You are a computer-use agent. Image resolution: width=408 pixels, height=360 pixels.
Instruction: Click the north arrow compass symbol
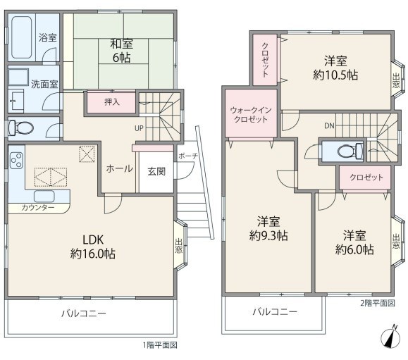(x=390, y=337)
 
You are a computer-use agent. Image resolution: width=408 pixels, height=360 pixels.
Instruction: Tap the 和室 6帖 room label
(x=121, y=51)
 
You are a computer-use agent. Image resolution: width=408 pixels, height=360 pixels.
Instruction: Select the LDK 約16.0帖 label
(x=93, y=247)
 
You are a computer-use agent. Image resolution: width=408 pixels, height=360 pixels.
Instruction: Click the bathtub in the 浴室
(x=21, y=37)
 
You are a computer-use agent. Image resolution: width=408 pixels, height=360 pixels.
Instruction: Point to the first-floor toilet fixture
(x=20, y=128)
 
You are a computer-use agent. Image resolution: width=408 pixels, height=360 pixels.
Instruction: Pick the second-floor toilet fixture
(x=350, y=151)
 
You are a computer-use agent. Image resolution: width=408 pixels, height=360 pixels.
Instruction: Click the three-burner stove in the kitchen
(x=16, y=161)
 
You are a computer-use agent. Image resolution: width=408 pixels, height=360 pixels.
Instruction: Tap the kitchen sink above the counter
(x=44, y=196)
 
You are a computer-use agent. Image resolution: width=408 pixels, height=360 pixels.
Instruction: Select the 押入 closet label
(x=112, y=102)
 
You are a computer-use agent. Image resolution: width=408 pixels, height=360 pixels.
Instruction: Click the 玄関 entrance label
(x=156, y=171)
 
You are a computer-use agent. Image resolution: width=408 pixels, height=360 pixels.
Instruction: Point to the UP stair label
(x=139, y=128)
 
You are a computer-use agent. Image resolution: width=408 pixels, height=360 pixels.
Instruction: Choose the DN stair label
(x=329, y=126)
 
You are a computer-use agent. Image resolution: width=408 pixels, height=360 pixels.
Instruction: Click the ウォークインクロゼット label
(x=251, y=114)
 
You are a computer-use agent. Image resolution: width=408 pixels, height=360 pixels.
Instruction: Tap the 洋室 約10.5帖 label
(x=335, y=68)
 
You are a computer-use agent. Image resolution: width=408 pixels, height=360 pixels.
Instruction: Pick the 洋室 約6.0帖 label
(x=354, y=242)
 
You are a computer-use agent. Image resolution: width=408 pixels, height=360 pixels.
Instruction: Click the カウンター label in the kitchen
(x=38, y=208)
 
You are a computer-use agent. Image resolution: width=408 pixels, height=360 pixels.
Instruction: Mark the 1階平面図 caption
(x=160, y=345)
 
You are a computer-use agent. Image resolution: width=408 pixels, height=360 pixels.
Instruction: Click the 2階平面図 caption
(x=378, y=303)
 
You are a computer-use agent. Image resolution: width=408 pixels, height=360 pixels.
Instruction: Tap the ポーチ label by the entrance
(x=188, y=156)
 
